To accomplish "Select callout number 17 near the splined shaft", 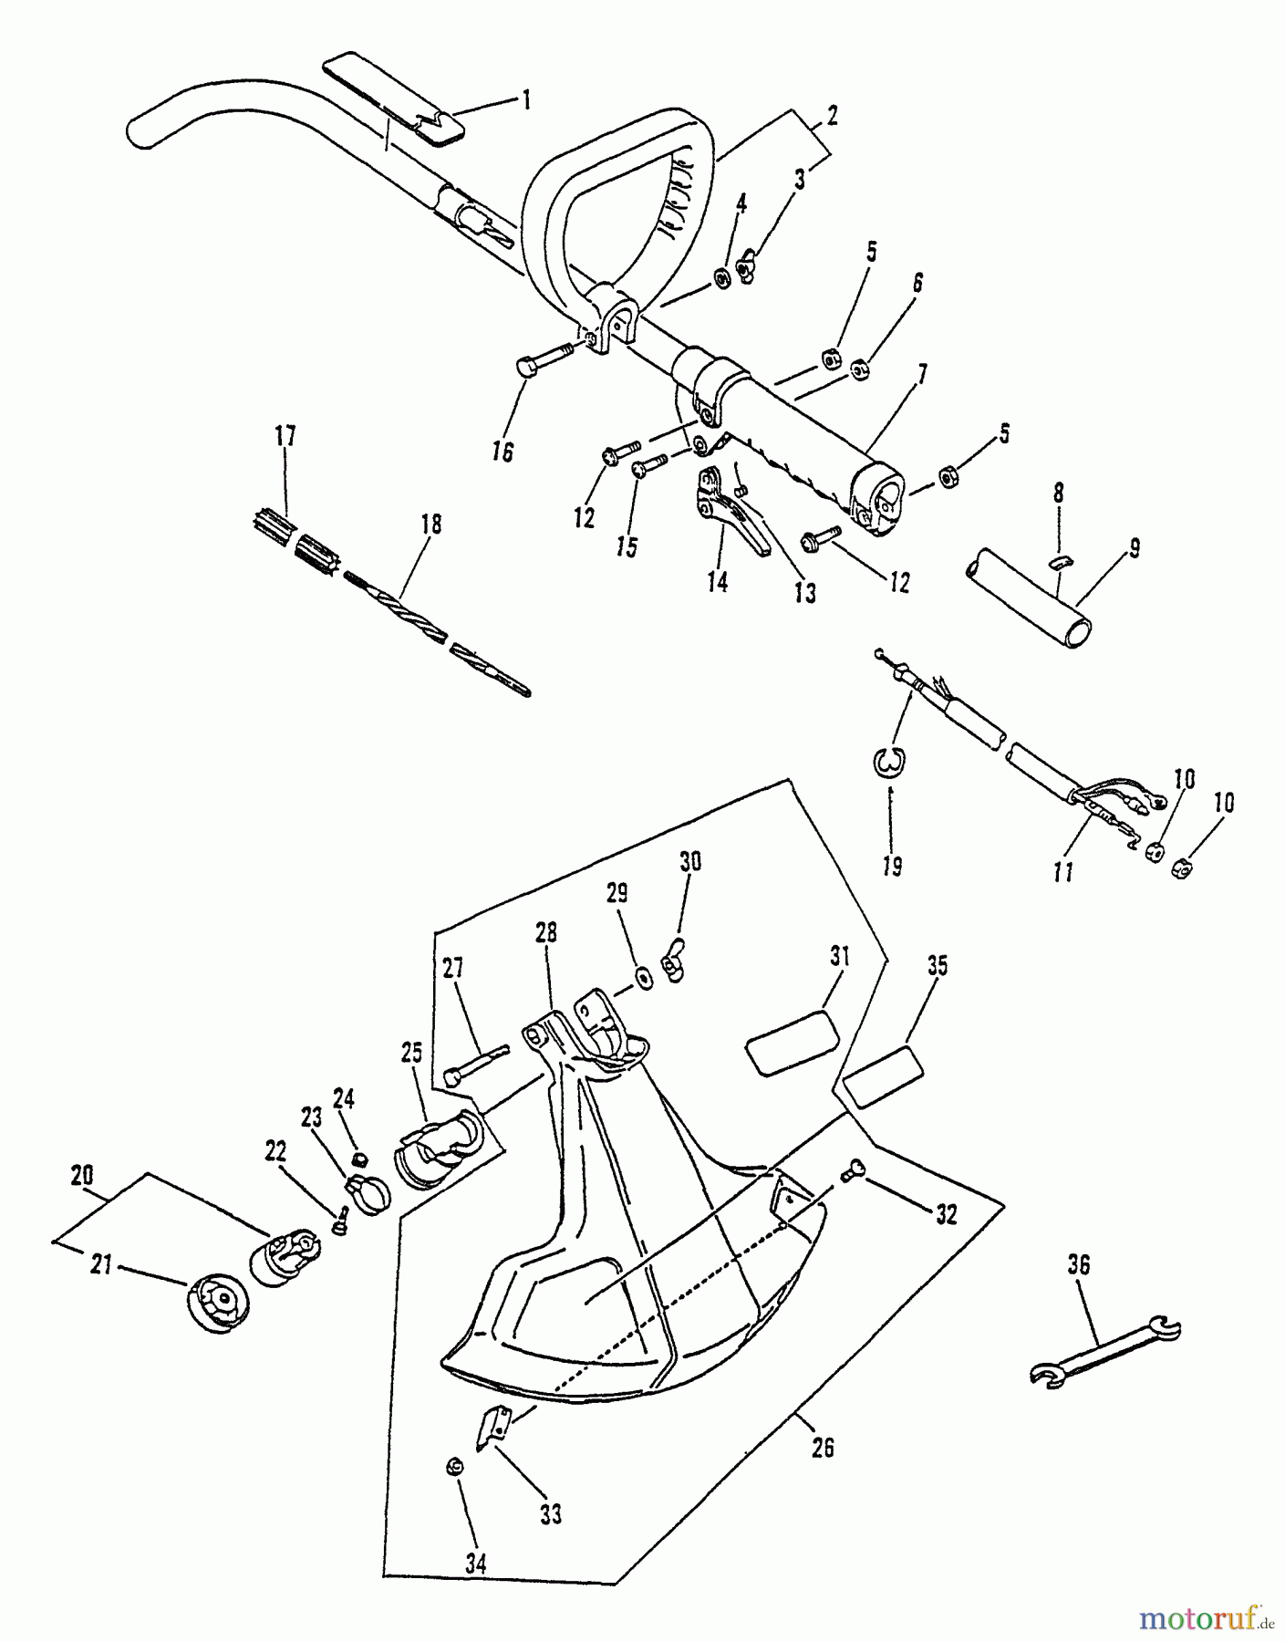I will [285, 436].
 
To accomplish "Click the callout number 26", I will [823, 1448].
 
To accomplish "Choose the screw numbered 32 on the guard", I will [854, 1169].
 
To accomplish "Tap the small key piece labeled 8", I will [1058, 563].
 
